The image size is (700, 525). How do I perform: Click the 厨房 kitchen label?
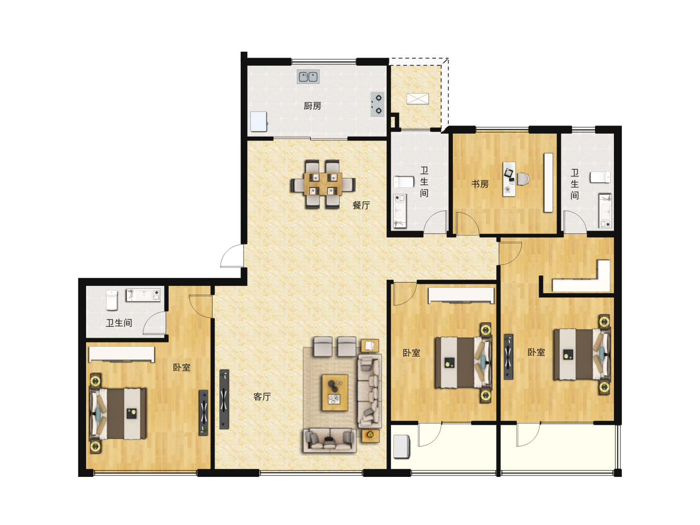point(312,106)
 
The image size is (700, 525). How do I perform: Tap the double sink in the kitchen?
point(308,76)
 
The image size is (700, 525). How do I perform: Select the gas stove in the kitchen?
point(377,104)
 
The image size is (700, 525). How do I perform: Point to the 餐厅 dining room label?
point(361,205)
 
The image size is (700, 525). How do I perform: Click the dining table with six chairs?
point(323,184)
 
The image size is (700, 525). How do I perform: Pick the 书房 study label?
point(480,184)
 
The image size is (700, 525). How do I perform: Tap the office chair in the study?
point(523,179)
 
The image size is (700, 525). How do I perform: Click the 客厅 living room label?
point(262,397)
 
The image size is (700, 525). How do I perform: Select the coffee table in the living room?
point(334,393)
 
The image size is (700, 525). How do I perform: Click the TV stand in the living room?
point(224,399)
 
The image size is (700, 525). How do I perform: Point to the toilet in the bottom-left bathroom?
point(112,300)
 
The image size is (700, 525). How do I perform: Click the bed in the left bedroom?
point(118,413)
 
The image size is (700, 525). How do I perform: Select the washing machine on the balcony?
point(402,447)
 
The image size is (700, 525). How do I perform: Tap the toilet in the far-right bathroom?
point(600,177)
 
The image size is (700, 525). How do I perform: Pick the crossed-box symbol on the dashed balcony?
point(418,99)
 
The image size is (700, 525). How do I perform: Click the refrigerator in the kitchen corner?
point(259,122)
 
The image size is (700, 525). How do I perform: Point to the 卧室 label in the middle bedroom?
point(411,352)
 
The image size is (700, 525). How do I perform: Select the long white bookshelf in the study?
point(548,183)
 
